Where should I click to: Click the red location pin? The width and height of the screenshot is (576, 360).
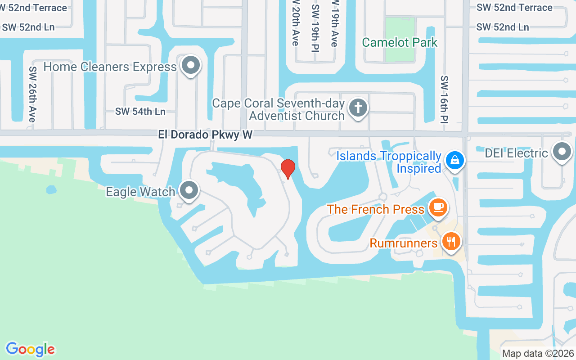288,169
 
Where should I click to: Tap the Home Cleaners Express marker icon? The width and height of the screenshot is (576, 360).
191,66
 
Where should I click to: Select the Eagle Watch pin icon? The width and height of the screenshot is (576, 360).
189,190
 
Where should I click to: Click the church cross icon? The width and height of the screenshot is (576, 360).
358,108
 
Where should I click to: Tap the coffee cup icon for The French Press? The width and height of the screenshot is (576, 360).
437,207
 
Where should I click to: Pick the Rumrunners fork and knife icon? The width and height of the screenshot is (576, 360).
451,241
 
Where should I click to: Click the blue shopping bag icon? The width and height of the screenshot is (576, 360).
454,160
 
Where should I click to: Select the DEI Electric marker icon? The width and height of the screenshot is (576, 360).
562,152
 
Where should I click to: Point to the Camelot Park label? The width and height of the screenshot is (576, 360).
400,42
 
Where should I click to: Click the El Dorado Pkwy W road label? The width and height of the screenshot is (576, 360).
205,135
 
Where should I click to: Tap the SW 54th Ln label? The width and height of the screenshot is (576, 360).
140,112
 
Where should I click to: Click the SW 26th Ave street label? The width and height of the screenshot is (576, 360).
32,94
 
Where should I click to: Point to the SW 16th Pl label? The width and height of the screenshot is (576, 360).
445,99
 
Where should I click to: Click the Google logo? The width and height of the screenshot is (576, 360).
30,349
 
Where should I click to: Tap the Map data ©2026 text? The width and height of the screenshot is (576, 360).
538,354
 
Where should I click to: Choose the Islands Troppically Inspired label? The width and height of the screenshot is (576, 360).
389,162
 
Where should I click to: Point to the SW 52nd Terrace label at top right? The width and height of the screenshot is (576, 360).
514,8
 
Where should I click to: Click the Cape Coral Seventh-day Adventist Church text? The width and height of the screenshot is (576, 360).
278,109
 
